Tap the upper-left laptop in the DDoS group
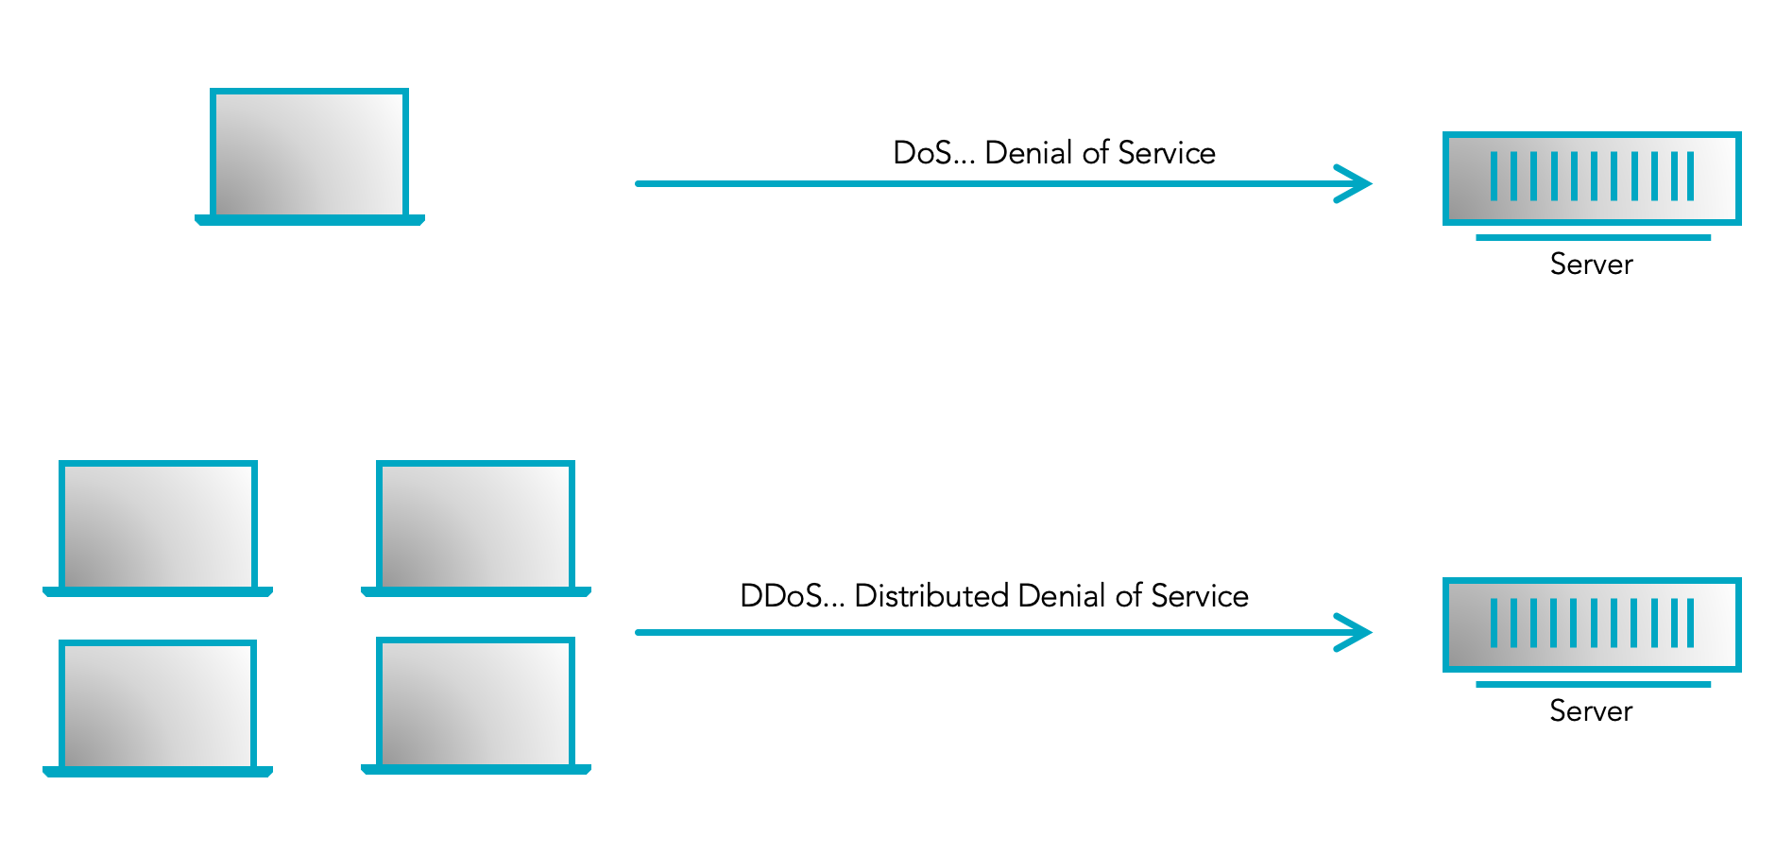pyautogui.click(x=158, y=527)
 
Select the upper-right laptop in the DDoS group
pyautogui.click(x=475, y=527)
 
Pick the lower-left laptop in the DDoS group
pyautogui.click(x=158, y=707)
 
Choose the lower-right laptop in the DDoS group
pyautogui.click(x=475, y=705)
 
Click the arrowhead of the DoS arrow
pyautogui.click(x=1357, y=183)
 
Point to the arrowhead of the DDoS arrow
pyautogui.click(x=1357, y=632)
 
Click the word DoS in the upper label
pyautogui.click(x=922, y=153)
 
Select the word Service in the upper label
pyautogui.click(x=1167, y=153)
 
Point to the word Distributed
pyautogui.click(x=931, y=596)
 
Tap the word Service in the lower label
pyautogui.click(x=1200, y=596)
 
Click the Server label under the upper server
pyautogui.click(x=1591, y=265)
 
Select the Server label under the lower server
pyautogui.click(x=1591, y=711)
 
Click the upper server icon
pyautogui.click(x=1591, y=178)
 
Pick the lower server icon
pyautogui.click(x=1591, y=624)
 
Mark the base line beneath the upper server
pyautogui.click(x=1593, y=238)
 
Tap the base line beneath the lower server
pyautogui.click(x=1593, y=685)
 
